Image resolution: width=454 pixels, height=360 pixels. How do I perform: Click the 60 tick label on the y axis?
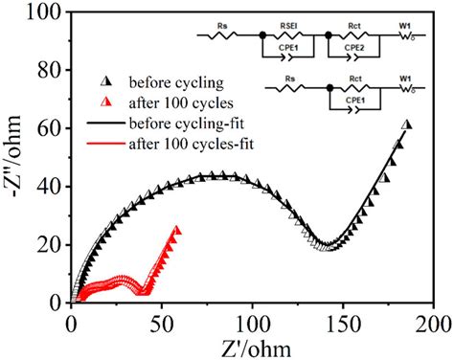pos(49,128)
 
